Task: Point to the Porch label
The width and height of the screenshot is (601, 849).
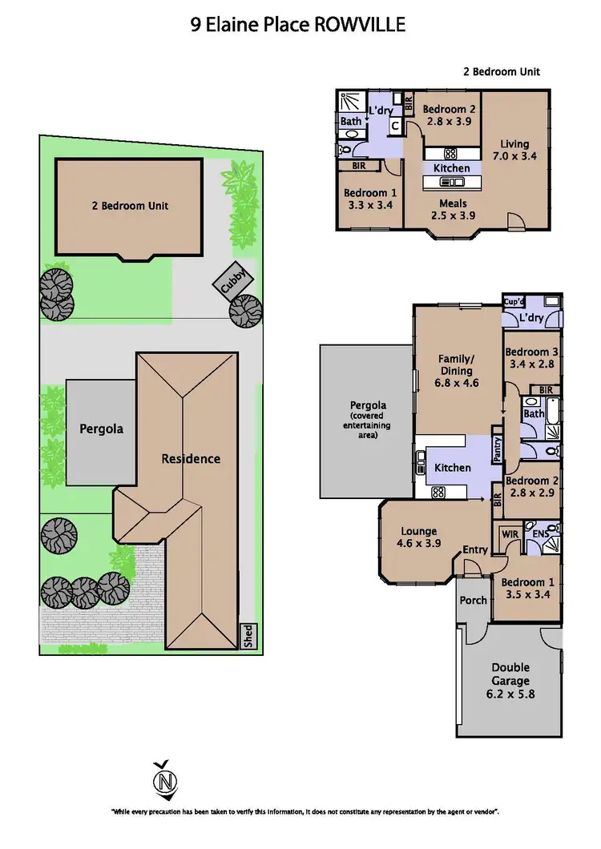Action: (473, 599)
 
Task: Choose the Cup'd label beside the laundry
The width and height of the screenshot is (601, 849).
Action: (514, 302)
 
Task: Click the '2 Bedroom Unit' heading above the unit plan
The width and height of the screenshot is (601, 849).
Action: (502, 72)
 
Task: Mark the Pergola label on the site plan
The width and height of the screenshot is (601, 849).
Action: (101, 429)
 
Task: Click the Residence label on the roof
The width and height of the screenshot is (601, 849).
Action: (191, 459)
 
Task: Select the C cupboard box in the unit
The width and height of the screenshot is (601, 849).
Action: (395, 127)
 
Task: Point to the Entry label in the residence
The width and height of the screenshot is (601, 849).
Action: (474, 549)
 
